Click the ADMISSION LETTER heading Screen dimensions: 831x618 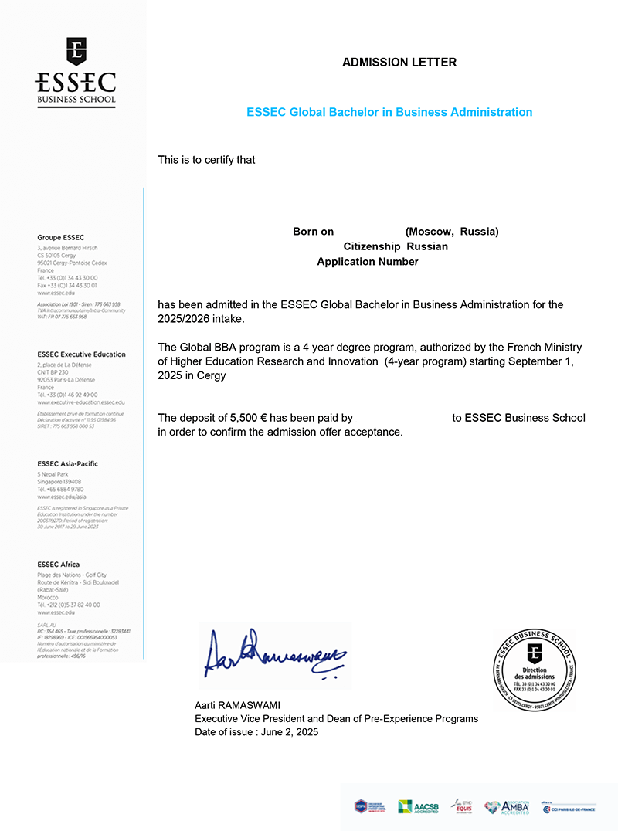[399, 63]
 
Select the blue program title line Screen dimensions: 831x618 [389, 112]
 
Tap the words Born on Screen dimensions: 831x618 [313, 232]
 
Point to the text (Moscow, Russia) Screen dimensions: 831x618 [452, 232]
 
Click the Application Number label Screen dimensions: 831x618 [368, 262]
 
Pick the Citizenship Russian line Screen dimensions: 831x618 [396, 246]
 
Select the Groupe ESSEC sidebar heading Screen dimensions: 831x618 [61, 237]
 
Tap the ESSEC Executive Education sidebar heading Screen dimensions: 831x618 [81, 354]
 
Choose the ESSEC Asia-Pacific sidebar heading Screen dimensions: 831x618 [68, 463]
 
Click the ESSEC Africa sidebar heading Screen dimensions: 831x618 [59, 565]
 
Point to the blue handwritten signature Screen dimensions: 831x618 [275, 657]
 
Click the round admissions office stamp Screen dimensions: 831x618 [535, 668]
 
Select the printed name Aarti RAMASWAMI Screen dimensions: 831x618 [237, 706]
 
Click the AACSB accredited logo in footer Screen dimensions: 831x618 [417, 807]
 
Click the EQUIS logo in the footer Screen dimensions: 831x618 [462, 806]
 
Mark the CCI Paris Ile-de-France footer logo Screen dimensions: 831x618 [569, 808]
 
